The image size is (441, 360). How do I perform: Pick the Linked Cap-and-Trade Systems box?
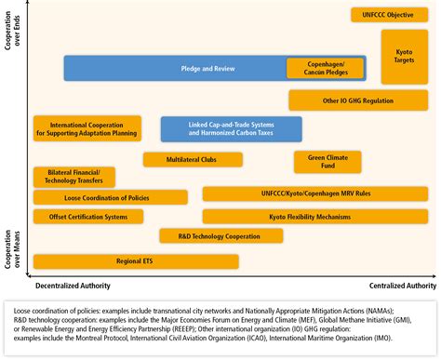pyautogui.click(x=231, y=128)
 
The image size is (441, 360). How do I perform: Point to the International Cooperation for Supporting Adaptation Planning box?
pyautogui.click(x=87, y=128)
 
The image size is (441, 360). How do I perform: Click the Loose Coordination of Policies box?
pyautogui.click(x=110, y=197)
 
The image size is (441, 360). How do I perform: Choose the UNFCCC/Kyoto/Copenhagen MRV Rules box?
pyautogui.click(x=314, y=193)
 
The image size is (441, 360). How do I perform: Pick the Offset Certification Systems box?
pyautogui.click(x=81, y=217)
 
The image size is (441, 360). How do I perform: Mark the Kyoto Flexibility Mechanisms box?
pyautogui.click(x=314, y=217)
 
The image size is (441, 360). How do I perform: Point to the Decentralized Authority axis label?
pyautogui.click(x=72, y=286)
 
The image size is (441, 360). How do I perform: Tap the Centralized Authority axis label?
pyautogui.click(x=402, y=286)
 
